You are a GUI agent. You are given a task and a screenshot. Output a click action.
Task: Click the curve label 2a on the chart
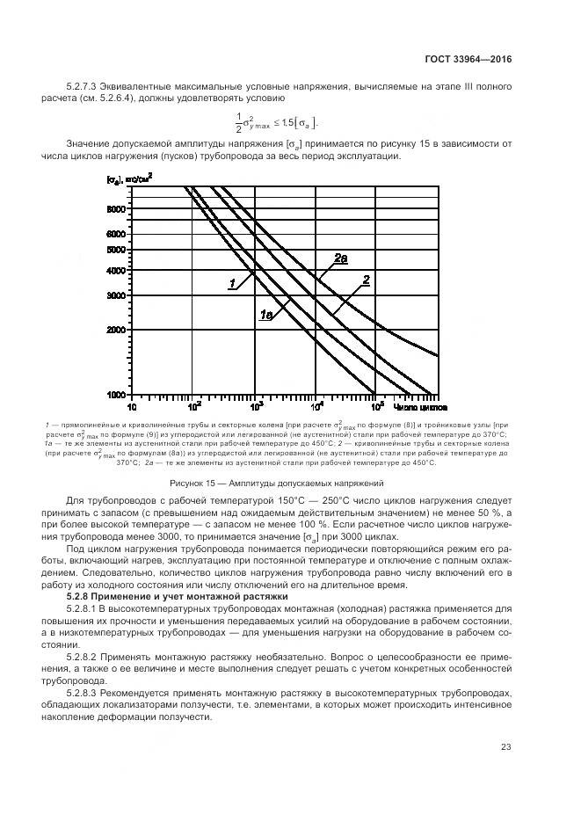pyautogui.click(x=340, y=258)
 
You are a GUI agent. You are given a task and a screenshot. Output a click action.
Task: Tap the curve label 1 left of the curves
pyautogui.click(x=232, y=283)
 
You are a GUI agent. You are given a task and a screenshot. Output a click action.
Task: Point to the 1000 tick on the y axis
pyautogui.click(x=118, y=395)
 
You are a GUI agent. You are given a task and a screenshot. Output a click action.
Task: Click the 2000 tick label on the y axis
pyautogui.click(x=118, y=330)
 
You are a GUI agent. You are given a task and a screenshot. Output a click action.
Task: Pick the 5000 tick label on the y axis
pyautogui.click(x=118, y=250)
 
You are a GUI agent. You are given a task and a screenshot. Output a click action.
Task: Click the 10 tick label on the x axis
pyautogui.click(x=132, y=408)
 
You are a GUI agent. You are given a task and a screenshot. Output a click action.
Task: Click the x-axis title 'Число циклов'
pyautogui.click(x=423, y=408)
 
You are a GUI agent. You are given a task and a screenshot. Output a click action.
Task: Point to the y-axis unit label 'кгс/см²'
pyautogui.click(x=137, y=179)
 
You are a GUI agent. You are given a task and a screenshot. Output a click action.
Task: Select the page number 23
pyautogui.click(x=505, y=747)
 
